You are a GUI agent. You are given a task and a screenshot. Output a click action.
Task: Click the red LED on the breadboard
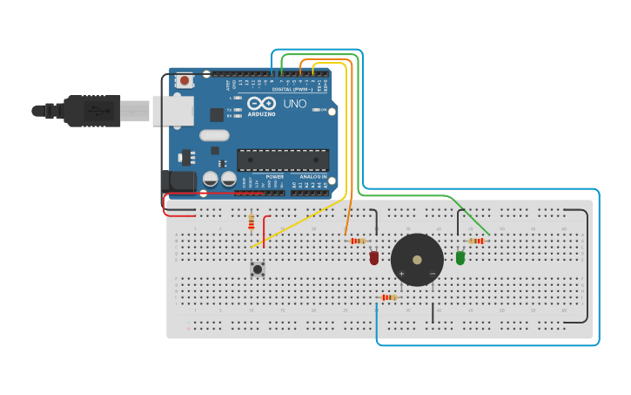(374, 257)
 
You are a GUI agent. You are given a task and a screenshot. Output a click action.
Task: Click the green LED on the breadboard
(460, 257)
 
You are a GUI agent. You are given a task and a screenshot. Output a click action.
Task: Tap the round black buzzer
(417, 260)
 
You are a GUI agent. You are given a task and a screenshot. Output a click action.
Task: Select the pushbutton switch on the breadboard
(258, 269)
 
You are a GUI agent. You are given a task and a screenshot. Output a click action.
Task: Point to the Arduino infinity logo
(262, 104)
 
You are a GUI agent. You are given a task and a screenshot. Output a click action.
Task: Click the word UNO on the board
(294, 104)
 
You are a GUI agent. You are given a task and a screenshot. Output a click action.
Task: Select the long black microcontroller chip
(283, 160)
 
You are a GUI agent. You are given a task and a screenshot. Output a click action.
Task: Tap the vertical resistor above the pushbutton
(252, 223)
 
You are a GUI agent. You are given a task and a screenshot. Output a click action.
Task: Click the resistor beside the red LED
(357, 241)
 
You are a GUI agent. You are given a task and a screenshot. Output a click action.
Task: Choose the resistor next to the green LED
(476, 241)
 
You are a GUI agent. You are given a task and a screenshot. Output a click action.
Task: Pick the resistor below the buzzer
(389, 297)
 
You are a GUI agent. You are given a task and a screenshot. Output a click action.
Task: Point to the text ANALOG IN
(313, 177)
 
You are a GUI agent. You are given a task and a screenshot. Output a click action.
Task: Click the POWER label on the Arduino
(275, 177)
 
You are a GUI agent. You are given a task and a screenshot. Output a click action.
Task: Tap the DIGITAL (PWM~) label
(293, 89)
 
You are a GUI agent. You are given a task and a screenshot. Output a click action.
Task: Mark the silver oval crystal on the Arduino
(214, 135)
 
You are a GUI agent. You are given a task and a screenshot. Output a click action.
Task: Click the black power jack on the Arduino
(180, 181)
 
